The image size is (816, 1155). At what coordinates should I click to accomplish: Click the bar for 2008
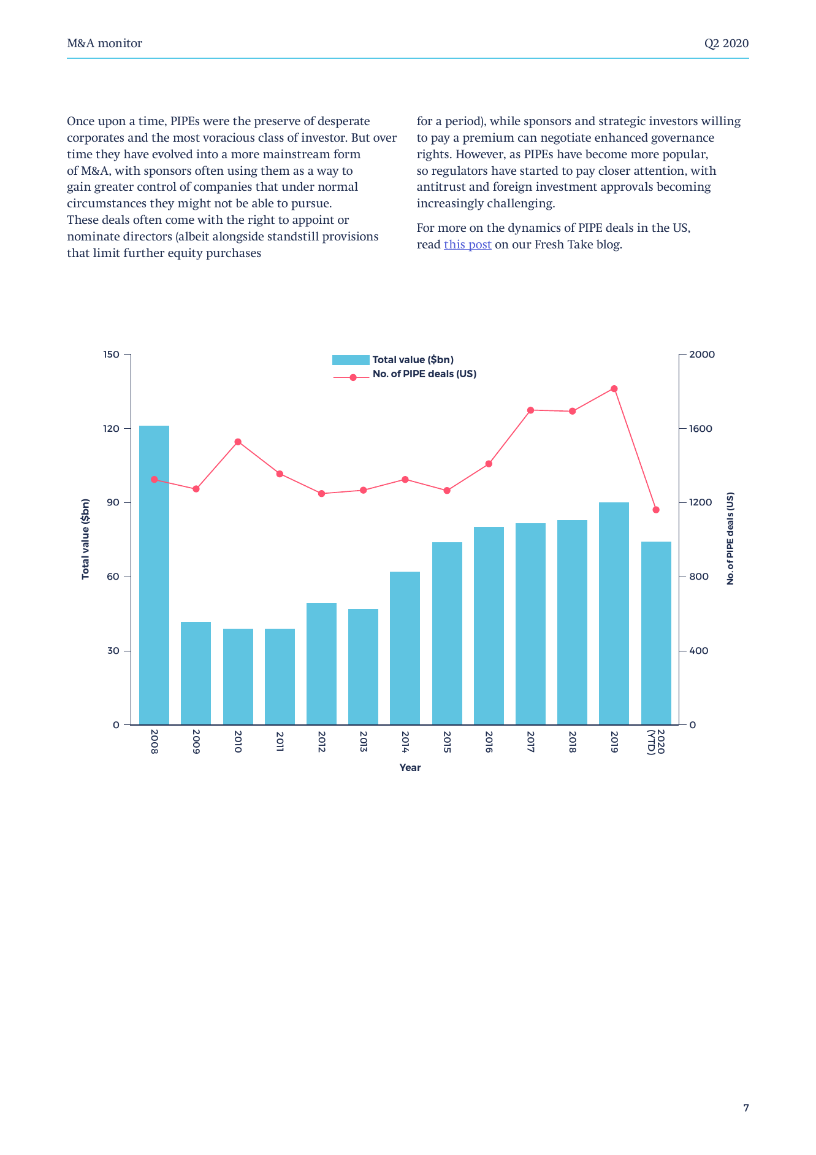point(154,575)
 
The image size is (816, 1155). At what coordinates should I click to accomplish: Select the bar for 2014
point(405,648)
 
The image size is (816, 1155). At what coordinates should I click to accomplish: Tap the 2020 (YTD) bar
point(656,633)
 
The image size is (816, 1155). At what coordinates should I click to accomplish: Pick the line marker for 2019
point(614,389)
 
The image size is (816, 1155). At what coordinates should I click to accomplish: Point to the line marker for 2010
point(238,442)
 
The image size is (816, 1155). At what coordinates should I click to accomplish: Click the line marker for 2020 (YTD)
point(656,510)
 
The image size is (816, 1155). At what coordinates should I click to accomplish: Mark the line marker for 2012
point(321,494)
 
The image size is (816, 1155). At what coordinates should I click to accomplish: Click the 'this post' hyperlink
point(467,245)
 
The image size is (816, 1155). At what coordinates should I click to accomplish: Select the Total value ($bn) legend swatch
point(351,360)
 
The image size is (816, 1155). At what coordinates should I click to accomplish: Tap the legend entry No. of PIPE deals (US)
point(424,374)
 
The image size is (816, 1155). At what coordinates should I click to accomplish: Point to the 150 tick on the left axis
point(112,355)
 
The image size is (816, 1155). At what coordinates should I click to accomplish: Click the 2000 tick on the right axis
point(702,355)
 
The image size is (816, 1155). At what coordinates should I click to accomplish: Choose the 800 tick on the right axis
point(699,577)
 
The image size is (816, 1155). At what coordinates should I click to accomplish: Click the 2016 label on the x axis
point(489,742)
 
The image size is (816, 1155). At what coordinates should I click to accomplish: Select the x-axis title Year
point(410,768)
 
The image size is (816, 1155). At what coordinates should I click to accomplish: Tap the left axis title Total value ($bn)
point(86,539)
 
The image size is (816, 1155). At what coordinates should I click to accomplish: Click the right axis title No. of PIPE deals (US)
point(730,539)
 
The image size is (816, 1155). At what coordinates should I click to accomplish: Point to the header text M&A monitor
point(105,44)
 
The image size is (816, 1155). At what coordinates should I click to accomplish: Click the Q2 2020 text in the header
point(726,44)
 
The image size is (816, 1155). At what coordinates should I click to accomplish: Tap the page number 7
point(746,1108)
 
